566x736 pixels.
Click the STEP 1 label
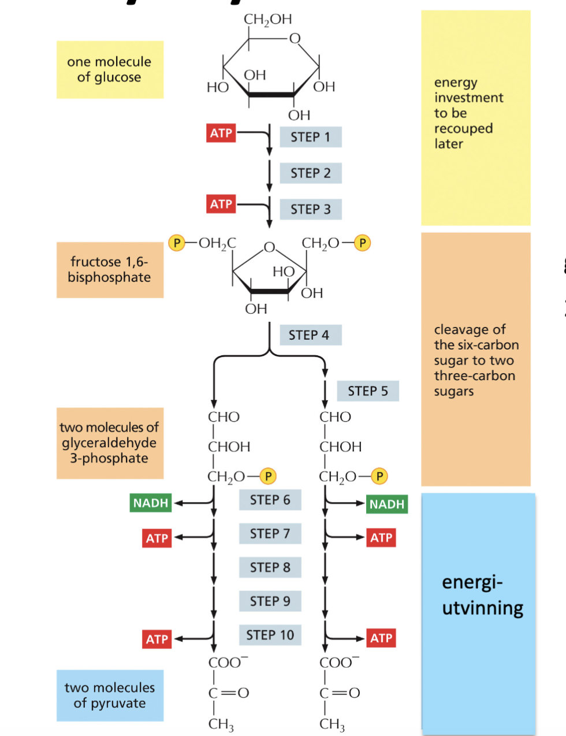311,137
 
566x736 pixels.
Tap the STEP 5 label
368,391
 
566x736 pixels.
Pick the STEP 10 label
270,635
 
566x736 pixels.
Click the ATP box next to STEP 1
221,133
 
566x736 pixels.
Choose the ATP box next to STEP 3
221,204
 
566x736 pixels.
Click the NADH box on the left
150,503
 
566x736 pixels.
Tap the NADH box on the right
387,504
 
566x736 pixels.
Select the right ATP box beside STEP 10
381,638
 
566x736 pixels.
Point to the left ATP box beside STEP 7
157,538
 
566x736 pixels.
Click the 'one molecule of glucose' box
110,69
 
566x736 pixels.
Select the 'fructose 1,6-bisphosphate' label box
110,270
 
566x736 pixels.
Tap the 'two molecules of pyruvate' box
110,696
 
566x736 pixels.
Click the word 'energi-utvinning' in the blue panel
482,595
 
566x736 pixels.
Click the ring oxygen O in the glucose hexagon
295,39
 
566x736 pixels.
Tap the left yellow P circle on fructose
176,243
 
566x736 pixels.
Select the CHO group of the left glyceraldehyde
224,417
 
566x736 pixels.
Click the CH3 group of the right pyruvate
332,724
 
